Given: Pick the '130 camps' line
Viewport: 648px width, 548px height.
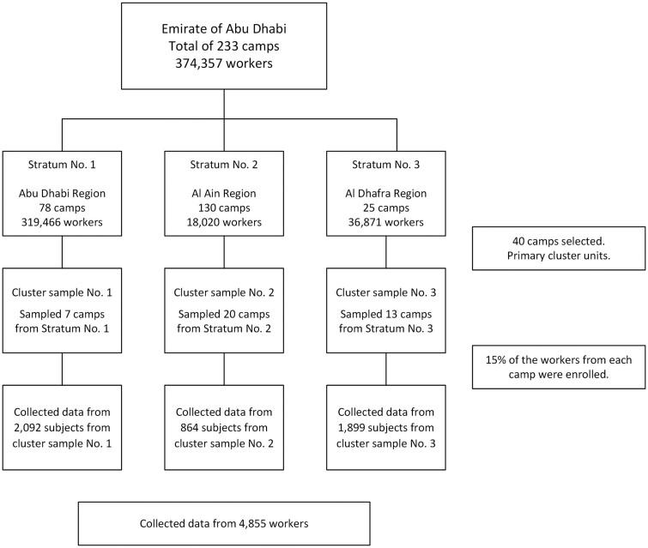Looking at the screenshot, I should click(225, 208).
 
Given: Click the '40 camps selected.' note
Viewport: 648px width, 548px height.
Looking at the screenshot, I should click(559, 243).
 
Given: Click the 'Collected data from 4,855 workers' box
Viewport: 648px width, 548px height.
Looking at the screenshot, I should click(224, 522).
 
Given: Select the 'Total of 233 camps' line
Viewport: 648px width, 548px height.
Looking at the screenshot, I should click(224, 45).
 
